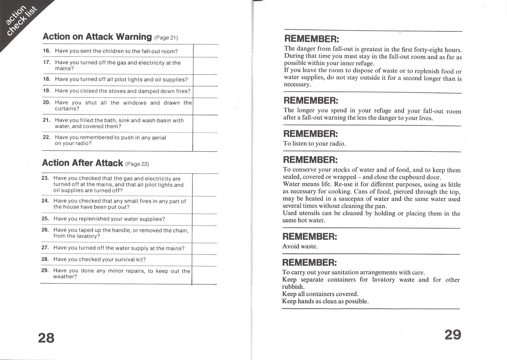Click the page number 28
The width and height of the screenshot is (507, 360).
point(46,338)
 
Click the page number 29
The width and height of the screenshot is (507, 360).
point(453,334)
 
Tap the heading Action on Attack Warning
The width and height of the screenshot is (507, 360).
point(97,37)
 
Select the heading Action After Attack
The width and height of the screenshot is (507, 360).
point(82,163)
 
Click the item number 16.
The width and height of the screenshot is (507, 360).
point(46,51)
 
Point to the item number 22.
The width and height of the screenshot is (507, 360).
point(46,137)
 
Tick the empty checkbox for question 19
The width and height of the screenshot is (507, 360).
point(205,91)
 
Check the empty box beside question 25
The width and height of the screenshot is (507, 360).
point(204,219)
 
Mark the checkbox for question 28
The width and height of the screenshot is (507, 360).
point(204,260)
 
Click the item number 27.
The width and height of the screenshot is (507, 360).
point(45,248)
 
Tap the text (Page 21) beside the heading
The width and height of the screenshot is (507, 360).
point(166,38)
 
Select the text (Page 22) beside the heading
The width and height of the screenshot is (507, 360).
point(137,164)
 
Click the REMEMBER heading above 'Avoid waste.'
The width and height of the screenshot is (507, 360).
point(310,236)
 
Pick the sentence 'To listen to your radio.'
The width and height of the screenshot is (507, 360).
point(314,144)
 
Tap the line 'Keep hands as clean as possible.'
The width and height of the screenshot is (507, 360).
point(325,301)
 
